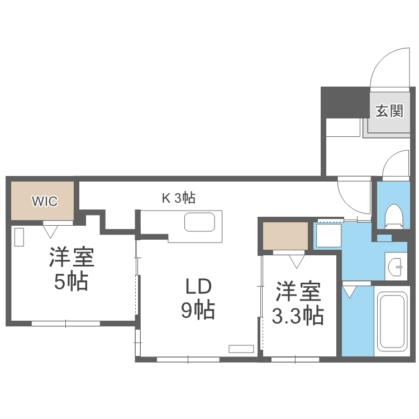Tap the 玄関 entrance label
pyautogui.click(x=389, y=111)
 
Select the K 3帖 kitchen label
pyautogui.click(x=178, y=197)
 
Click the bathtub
pyautogui.click(x=391, y=321)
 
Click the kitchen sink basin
pyautogui.click(x=199, y=223)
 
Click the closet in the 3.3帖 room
pyautogui.click(x=285, y=236)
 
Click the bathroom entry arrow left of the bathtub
pyautogui.click(x=350, y=291)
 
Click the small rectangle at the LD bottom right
pyautogui.click(x=241, y=349)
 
